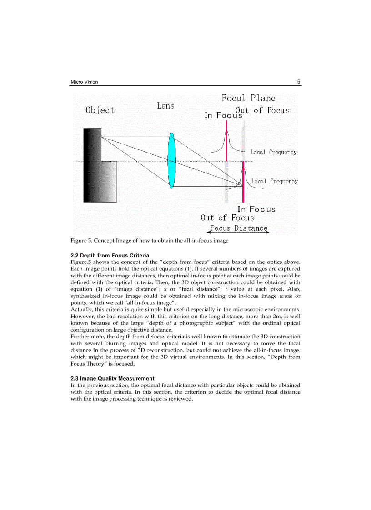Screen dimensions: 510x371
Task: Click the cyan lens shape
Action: coord(171,160)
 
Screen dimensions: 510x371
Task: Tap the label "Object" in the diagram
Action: coord(100,110)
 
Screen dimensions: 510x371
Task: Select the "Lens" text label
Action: coord(165,105)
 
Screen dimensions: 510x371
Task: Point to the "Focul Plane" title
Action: coord(248,98)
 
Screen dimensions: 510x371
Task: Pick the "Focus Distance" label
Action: coord(239,228)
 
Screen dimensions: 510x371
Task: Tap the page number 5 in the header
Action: coord(299,82)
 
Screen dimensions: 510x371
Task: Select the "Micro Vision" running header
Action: coord(84,82)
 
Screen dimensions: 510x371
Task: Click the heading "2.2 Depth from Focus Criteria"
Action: coord(110,256)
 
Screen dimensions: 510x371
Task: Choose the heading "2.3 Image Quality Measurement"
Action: coord(112,378)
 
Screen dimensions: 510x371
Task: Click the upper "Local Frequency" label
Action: coord(273,152)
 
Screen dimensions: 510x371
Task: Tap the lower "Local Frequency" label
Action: coord(275,181)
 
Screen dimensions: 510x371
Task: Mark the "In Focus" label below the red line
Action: coord(256,209)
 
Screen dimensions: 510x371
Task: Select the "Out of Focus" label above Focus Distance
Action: coord(227,218)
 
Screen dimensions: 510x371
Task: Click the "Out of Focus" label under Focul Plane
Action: coord(262,110)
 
